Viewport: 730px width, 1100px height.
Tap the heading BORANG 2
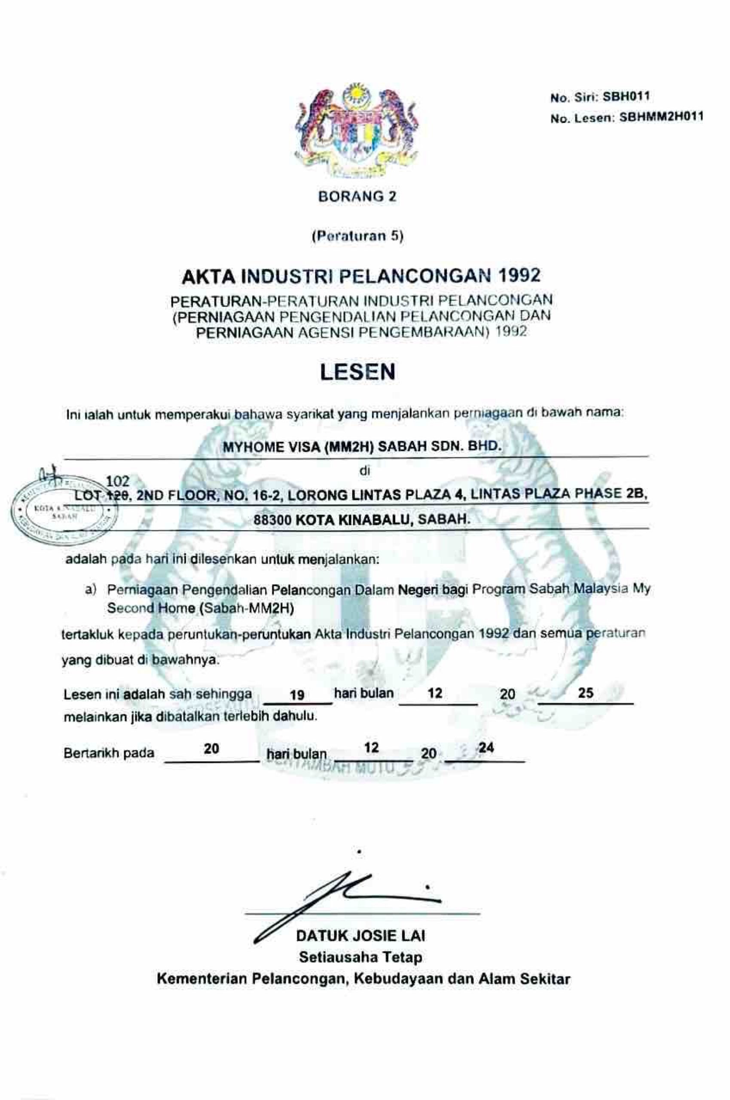pyautogui.click(x=357, y=196)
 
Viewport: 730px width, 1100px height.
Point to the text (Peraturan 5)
pyautogui.click(x=357, y=236)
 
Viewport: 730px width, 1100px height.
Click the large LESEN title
pyautogui.click(x=357, y=372)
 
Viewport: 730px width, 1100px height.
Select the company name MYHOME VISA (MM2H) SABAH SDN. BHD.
pyautogui.click(x=362, y=447)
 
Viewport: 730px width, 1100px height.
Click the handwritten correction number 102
pyautogui.click(x=118, y=480)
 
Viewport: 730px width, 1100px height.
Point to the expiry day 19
pyautogui.click(x=296, y=694)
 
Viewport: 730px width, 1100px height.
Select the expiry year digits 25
pyautogui.click(x=586, y=693)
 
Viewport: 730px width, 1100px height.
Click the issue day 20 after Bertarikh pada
pyautogui.click(x=211, y=749)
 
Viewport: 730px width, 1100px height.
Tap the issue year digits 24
pyautogui.click(x=486, y=748)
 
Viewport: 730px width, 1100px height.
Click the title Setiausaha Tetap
pyautogui.click(x=361, y=957)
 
